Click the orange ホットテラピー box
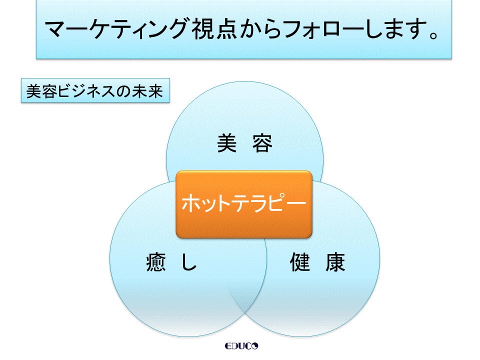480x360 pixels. (x=244, y=204)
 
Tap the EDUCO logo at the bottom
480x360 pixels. (x=241, y=346)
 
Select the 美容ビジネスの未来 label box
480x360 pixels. (x=95, y=90)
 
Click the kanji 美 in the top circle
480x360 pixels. (x=227, y=143)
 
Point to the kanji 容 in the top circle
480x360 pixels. (x=262, y=143)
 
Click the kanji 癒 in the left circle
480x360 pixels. (x=156, y=261)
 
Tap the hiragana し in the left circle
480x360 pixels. (x=189, y=261)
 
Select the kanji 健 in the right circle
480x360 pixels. (x=299, y=261)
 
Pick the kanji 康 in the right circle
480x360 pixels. (x=335, y=261)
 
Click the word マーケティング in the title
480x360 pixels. (x=116, y=29)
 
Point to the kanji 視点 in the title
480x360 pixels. (x=214, y=29)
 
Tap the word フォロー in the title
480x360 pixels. (x=322, y=29)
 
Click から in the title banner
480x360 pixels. (x=260, y=29)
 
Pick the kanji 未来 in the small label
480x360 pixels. (x=147, y=91)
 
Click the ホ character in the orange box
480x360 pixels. (x=190, y=203)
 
